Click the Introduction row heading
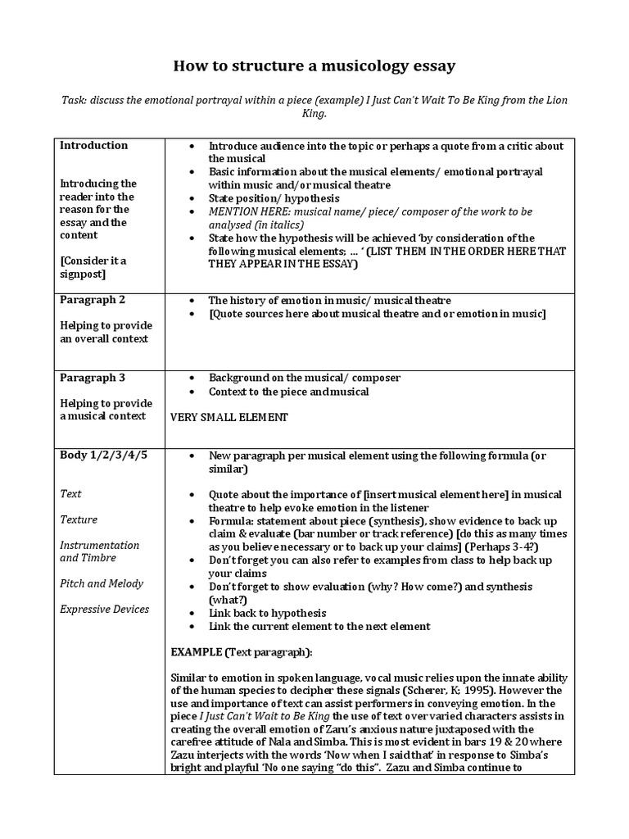93,146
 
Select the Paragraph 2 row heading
93,300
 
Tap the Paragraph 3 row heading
93,378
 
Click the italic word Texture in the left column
79,519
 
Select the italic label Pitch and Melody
102,583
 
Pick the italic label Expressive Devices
105,609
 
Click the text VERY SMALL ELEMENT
229,418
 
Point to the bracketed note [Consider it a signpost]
93,267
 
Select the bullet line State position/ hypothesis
274,198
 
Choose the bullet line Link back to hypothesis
267,613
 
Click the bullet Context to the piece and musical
288,392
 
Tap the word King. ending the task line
314,115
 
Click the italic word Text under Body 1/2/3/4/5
71,494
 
